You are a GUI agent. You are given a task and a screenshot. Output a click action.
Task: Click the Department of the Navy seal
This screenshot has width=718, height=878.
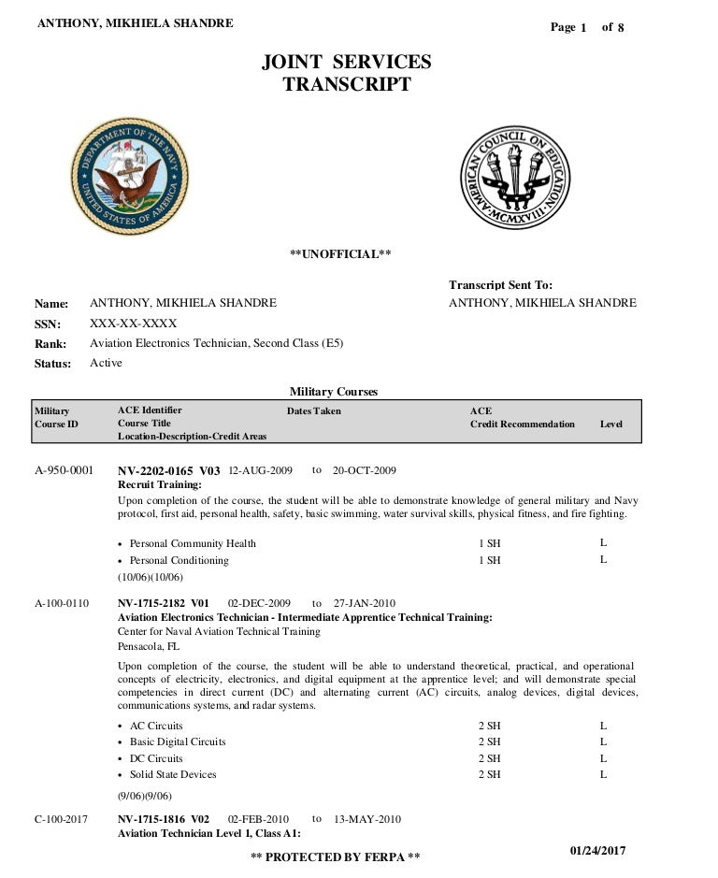[x=130, y=176]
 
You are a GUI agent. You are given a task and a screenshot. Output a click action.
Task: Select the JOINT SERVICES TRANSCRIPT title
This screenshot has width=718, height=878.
[x=347, y=73]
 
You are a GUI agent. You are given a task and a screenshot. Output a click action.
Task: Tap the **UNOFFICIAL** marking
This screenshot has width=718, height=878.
[x=340, y=254]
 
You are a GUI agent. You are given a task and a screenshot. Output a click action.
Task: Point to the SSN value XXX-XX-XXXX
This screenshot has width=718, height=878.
[x=133, y=324]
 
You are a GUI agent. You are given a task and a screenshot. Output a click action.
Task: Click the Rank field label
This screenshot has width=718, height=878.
[x=50, y=344]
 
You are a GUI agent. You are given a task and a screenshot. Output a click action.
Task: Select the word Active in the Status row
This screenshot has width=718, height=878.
[x=106, y=363]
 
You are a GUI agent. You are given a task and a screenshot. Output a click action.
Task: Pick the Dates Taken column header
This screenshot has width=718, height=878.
[x=314, y=411]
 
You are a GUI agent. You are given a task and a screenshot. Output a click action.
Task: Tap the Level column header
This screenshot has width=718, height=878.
[x=610, y=425]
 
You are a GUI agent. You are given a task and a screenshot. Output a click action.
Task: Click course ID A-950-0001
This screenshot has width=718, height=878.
[x=64, y=470]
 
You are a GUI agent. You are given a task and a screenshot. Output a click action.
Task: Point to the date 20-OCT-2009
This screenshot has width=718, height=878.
[x=365, y=470]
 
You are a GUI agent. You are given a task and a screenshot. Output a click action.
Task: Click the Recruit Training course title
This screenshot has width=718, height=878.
[x=159, y=484]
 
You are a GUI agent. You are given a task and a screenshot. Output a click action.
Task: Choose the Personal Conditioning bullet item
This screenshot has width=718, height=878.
[x=179, y=560]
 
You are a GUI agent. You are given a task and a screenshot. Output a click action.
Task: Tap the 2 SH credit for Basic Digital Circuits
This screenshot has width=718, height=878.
[x=489, y=741]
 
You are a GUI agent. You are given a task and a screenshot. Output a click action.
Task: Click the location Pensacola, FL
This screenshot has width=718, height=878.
[x=149, y=645]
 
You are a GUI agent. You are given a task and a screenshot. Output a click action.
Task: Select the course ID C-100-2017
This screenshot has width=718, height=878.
[x=62, y=819]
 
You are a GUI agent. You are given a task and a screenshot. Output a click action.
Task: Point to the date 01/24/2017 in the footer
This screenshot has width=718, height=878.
[x=597, y=850]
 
